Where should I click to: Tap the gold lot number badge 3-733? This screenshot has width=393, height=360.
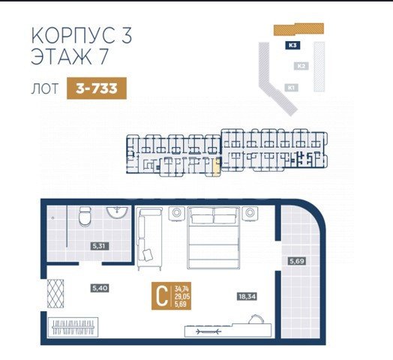[96, 88]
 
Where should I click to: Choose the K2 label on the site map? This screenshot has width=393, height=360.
[301, 67]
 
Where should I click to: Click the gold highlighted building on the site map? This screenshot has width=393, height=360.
[298, 29]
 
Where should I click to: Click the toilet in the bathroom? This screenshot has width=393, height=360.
[85, 217]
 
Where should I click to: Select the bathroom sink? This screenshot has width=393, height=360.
[118, 214]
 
